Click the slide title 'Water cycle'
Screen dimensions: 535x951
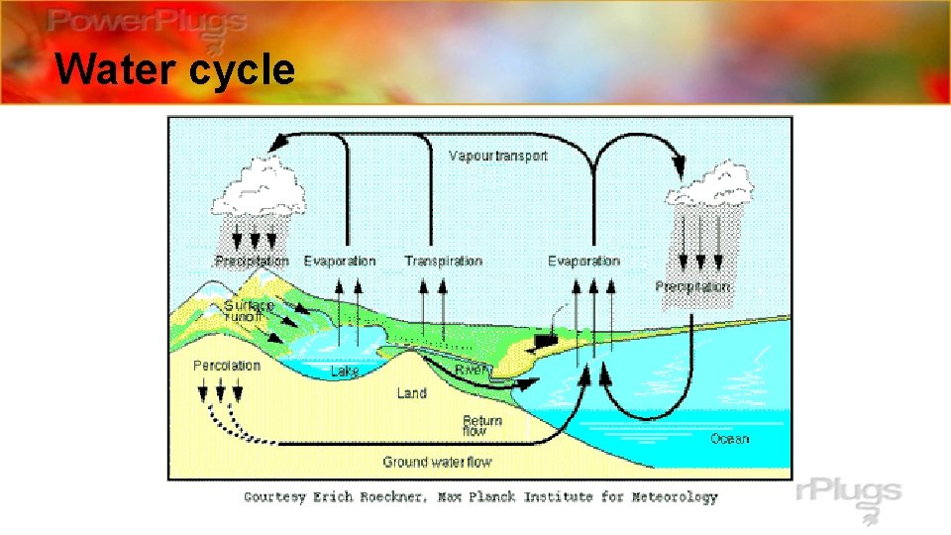pyautogui.click(x=174, y=70)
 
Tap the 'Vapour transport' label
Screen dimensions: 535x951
pyautogui.click(x=497, y=156)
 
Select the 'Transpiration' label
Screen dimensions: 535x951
pyautogui.click(x=443, y=261)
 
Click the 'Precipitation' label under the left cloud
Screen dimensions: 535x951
pyautogui.click(x=252, y=262)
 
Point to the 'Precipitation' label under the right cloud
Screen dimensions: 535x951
pyautogui.click(x=692, y=286)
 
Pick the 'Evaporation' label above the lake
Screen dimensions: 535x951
pyautogui.click(x=340, y=261)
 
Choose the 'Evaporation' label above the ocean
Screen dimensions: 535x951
pyautogui.click(x=583, y=261)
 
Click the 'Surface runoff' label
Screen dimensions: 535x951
pyautogui.click(x=249, y=310)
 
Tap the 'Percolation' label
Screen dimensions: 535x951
pyautogui.click(x=227, y=366)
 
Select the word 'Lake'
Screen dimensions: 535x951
pyautogui.click(x=345, y=371)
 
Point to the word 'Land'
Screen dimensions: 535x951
pyautogui.click(x=411, y=393)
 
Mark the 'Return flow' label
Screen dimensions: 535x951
pyautogui.click(x=481, y=426)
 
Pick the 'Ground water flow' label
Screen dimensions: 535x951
pyautogui.click(x=437, y=462)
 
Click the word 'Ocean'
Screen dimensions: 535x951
pyautogui.click(x=729, y=439)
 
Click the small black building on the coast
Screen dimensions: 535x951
pyautogui.click(x=543, y=341)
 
